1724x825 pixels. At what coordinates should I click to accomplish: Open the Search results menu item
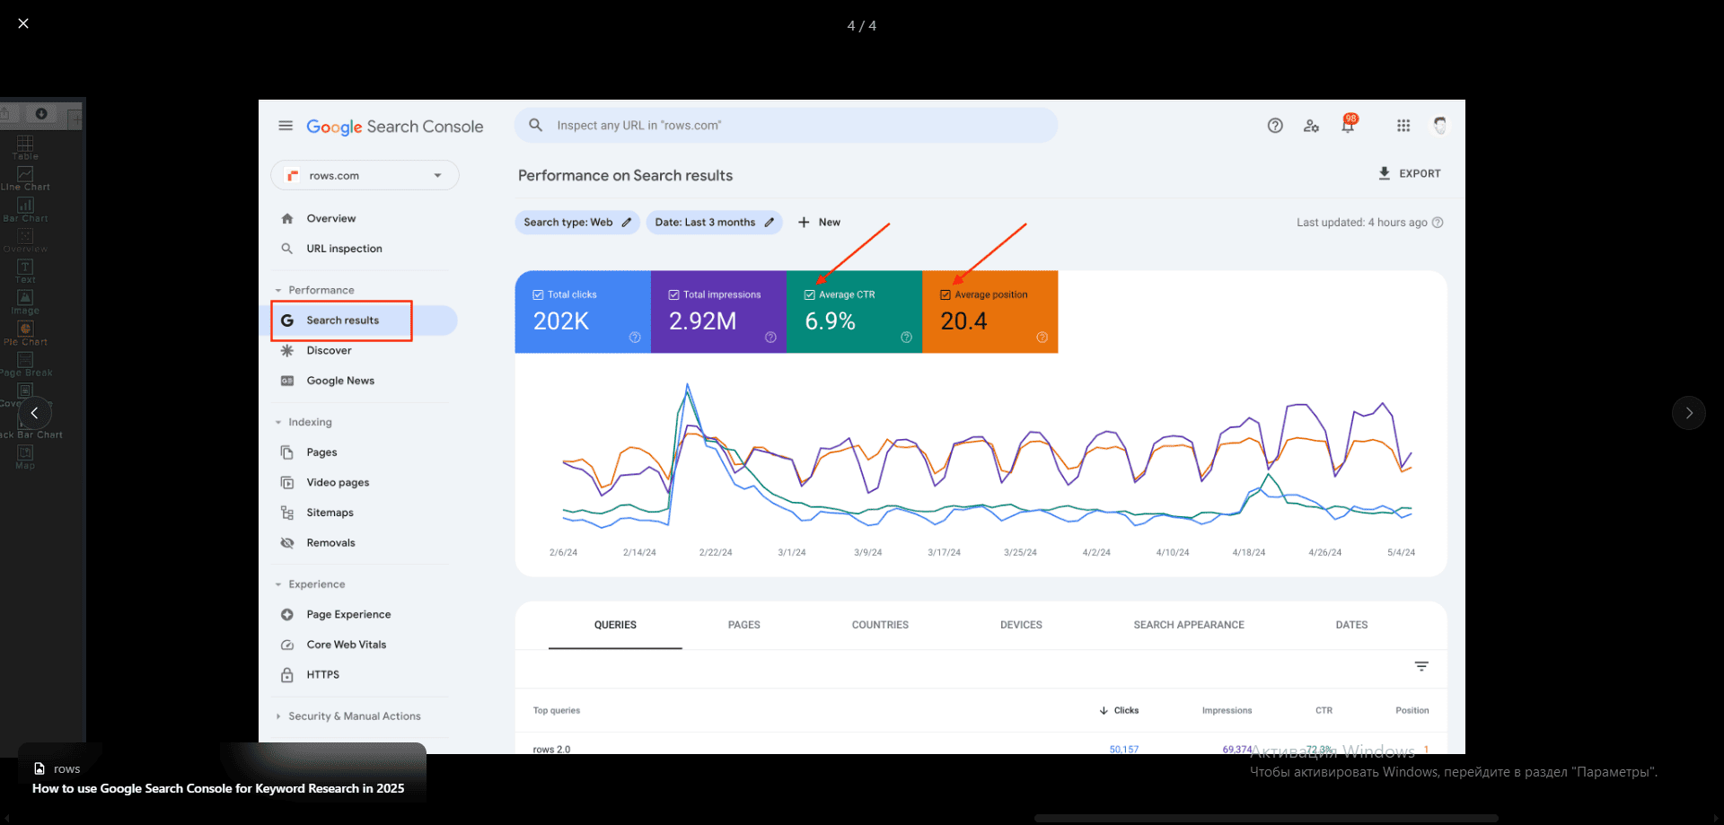pyautogui.click(x=342, y=320)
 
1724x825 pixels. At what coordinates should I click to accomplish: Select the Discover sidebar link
pyautogui.click(x=329, y=351)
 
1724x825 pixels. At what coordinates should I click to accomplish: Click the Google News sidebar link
pyautogui.click(x=340, y=381)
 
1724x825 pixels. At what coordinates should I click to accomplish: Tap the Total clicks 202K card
pyautogui.click(x=582, y=312)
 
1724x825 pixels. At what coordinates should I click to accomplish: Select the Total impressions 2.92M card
pyautogui.click(x=717, y=312)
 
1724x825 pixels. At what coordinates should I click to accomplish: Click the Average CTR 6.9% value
pyautogui.click(x=830, y=321)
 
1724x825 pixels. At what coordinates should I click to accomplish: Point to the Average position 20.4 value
pyautogui.click(x=963, y=321)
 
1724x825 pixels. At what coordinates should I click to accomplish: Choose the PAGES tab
pyautogui.click(x=743, y=625)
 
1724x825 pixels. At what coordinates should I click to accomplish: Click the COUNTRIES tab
pyautogui.click(x=880, y=625)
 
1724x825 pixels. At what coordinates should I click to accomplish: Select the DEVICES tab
pyautogui.click(x=1021, y=625)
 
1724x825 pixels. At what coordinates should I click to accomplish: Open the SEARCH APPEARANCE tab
pyautogui.click(x=1188, y=625)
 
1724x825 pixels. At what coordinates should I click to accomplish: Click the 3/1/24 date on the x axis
pyautogui.click(x=791, y=553)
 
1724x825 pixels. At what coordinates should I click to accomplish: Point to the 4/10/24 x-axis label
pyautogui.click(x=1172, y=553)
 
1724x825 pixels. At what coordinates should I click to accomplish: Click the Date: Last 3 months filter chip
pyautogui.click(x=714, y=223)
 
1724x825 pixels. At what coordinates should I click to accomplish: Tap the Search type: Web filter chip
pyautogui.click(x=576, y=223)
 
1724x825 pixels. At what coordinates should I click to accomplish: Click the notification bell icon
pyautogui.click(x=1348, y=126)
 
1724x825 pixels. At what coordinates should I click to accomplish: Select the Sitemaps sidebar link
pyautogui.click(x=330, y=513)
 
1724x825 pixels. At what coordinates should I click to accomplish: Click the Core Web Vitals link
pyautogui.click(x=346, y=645)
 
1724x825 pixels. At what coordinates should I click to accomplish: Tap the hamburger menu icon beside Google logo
pyautogui.click(x=286, y=126)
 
